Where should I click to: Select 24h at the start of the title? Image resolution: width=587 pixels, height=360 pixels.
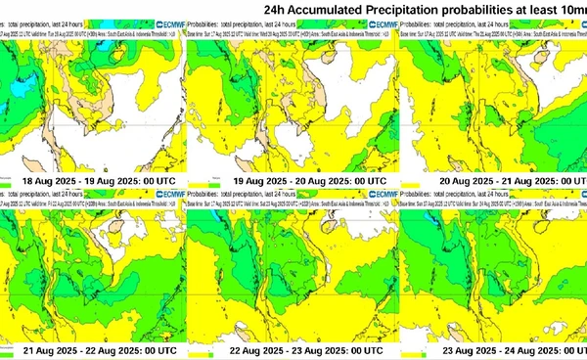[x=277, y=11]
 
